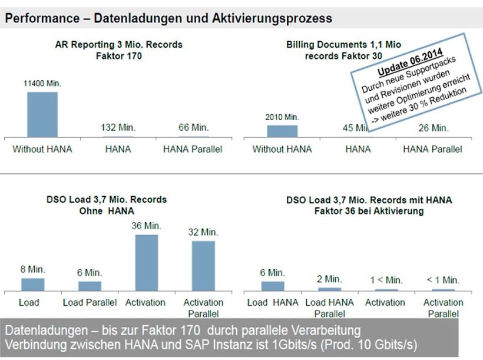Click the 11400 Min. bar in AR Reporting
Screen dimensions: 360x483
pos(42,114)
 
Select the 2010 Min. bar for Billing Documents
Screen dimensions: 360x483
pos(282,131)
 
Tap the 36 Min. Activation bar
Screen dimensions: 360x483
pos(146,263)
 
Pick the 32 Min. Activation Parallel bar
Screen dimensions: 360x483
pos(203,266)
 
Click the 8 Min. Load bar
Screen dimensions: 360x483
pos(32,285)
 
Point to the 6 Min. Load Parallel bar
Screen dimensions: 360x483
pos(90,286)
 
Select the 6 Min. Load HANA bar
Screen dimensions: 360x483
pos(273,286)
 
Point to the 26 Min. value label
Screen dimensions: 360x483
pos(432,127)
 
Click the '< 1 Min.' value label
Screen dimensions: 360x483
pos(443,280)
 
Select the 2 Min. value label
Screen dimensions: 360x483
pos(329,279)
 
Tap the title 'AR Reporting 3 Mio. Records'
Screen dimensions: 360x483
pos(118,44)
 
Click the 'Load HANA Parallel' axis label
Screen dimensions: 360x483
pos(329,308)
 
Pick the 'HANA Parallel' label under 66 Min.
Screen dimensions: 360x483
pos(193,149)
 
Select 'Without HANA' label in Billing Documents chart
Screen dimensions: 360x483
pos(282,149)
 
